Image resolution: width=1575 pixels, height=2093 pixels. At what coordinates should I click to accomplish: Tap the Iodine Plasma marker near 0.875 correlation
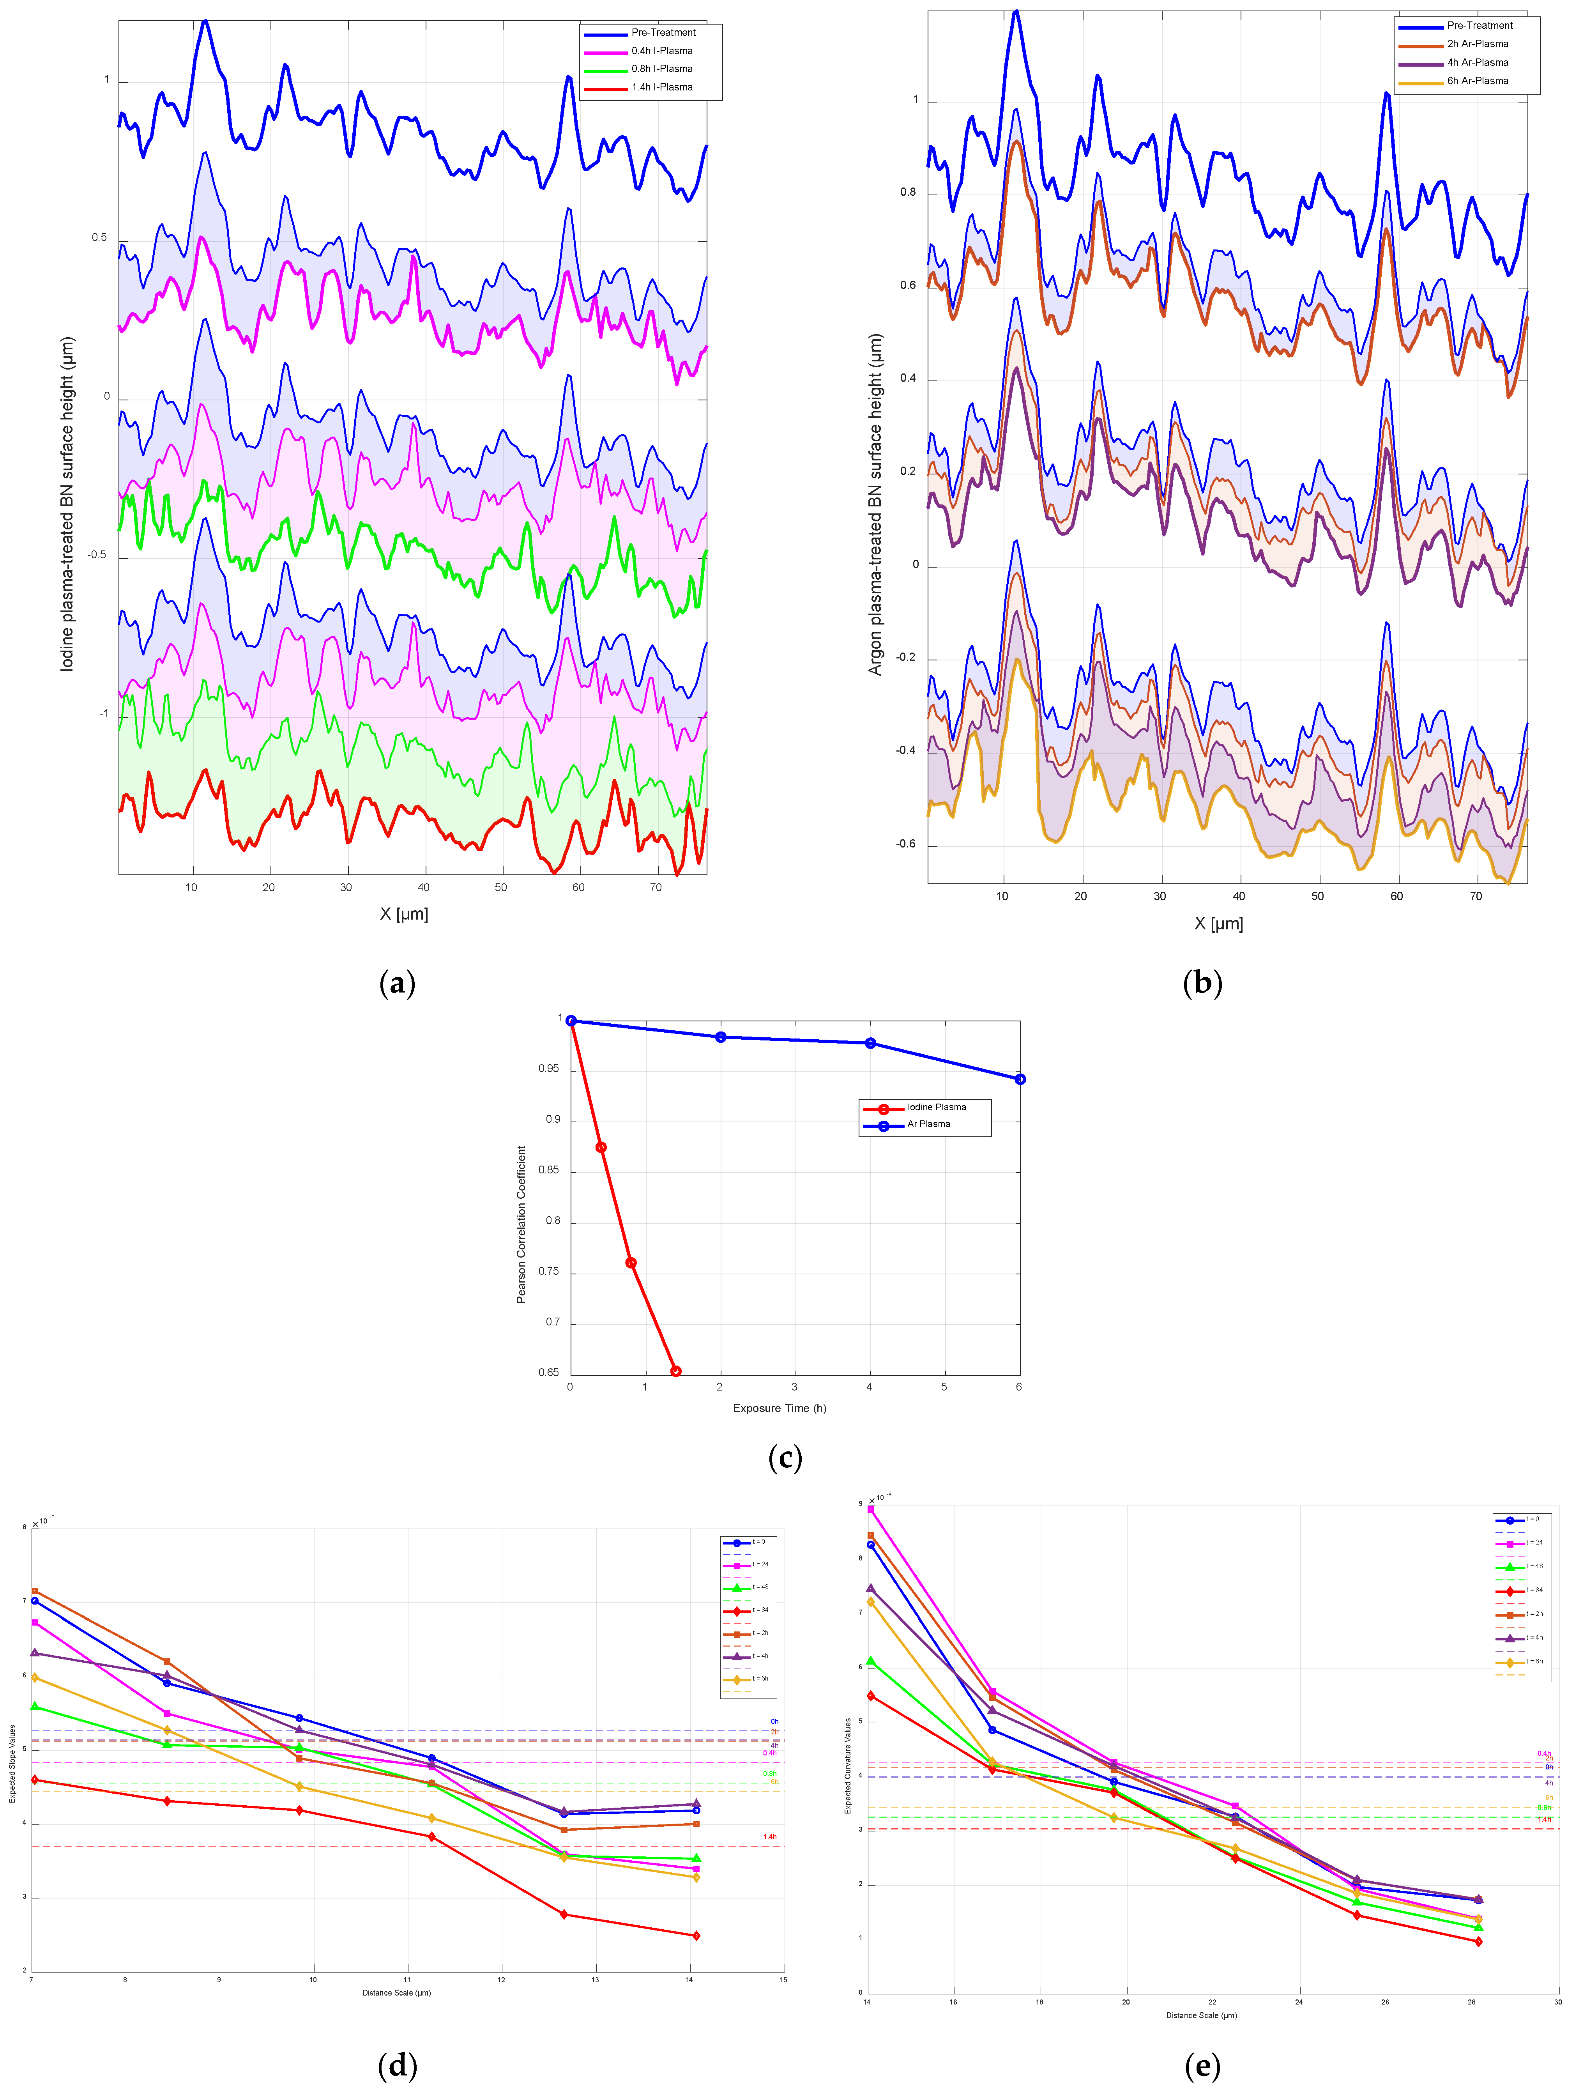click(x=601, y=1147)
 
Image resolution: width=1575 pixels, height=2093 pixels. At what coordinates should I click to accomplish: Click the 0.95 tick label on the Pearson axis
click(x=549, y=1069)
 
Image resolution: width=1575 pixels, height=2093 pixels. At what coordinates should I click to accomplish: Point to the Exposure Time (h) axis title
click(x=780, y=1408)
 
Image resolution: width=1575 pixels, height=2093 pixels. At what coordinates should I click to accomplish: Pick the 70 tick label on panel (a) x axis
click(x=656, y=888)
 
